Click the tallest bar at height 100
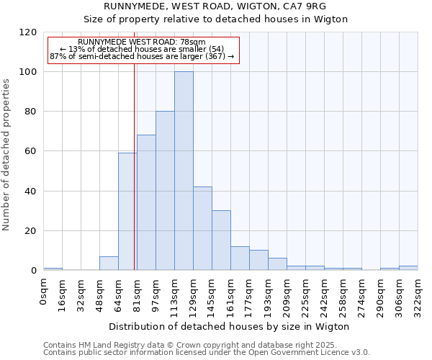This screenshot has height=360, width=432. point(184,171)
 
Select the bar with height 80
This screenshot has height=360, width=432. point(165,191)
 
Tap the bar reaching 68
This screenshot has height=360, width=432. point(146,203)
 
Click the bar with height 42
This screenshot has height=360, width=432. point(202,228)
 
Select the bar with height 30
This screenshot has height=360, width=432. point(221,240)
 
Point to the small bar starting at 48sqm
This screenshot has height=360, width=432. point(109,264)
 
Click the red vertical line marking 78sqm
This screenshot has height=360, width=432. point(134,166)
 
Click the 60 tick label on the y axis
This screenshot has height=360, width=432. point(31,151)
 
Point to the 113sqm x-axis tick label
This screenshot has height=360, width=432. point(174,293)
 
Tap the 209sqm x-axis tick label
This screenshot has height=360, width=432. point(287,293)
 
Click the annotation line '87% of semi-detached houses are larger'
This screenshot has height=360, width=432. point(142,55)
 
